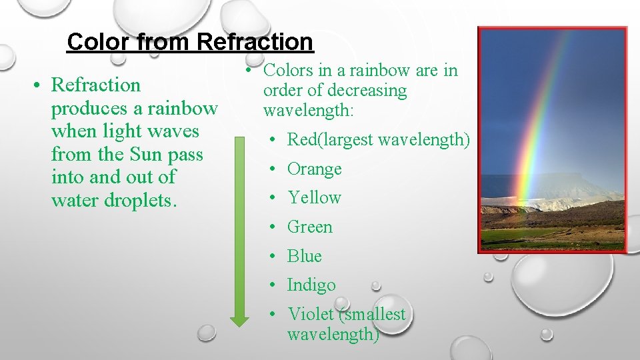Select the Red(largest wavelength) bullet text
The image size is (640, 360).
378,139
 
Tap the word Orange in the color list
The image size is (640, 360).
314,169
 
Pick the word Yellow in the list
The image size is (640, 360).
314,198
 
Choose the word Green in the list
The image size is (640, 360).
309,227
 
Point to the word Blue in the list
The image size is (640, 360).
304,256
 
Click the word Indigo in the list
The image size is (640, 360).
311,285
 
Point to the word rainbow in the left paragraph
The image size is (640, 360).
182,108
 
